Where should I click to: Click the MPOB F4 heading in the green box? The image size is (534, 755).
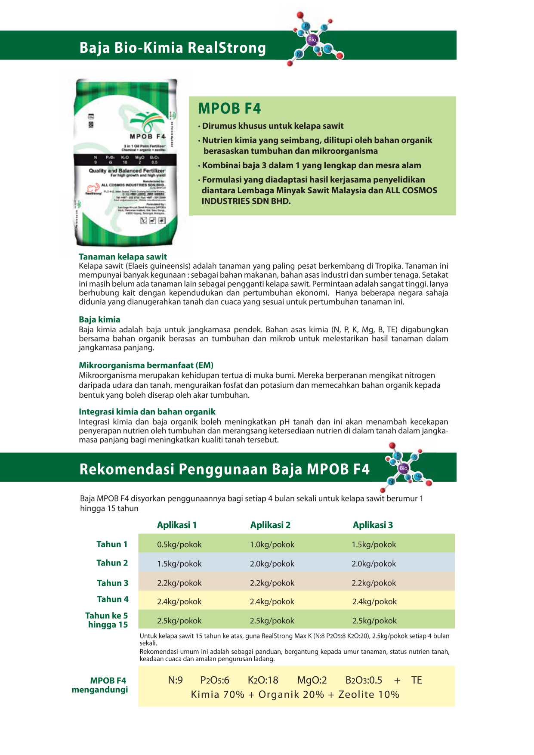(x=229, y=108)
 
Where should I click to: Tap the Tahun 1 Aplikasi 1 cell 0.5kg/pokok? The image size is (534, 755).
(x=179, y=545)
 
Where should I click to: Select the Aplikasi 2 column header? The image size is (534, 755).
(x=270, y=525)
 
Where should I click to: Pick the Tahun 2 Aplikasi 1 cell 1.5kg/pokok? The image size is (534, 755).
(x=179, y=564)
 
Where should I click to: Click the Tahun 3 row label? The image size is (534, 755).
(x=112, y=583)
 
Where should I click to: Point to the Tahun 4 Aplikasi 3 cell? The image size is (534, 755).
(x=374, y=602)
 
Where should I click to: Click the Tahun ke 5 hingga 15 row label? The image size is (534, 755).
(x=107, y=620)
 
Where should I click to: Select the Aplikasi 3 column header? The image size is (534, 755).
(x=373, y=525)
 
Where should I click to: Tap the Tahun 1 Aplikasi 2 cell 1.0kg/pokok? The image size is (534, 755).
(x=272, y=545)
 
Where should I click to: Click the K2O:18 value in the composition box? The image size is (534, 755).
(x=263, y=681)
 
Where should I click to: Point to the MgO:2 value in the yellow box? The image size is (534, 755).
(x=312, y=681)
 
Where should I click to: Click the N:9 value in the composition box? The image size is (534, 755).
(x=175, y=681)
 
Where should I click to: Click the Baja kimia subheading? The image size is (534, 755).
(x=99, y=320)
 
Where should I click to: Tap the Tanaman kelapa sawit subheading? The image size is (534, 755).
(x=123, y=257)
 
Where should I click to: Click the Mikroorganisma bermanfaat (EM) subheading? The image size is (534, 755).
(x=146, y=365)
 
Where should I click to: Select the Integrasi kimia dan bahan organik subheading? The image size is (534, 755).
(x=147, y=412)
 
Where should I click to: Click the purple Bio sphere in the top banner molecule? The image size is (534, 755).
(x=312, y=40)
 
